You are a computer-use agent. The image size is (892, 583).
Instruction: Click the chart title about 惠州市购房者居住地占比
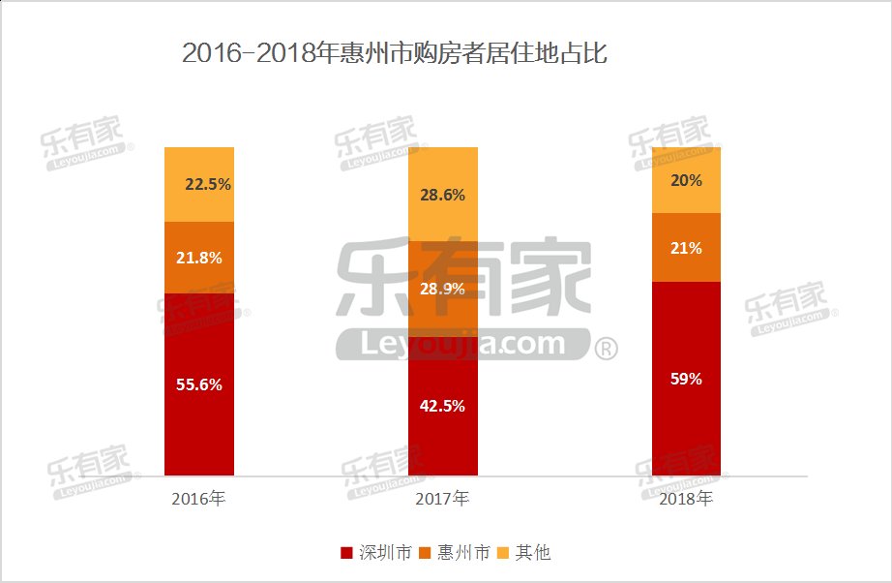coord(395,53)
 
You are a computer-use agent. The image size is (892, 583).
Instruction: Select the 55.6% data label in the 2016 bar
coord(199,384)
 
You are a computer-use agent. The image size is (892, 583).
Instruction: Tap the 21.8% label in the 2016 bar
coord(199,258)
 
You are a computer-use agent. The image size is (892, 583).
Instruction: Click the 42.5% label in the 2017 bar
coord(442,406)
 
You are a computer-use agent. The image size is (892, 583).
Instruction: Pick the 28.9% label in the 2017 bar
coord(442,289)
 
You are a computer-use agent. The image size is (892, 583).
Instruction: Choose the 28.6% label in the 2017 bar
coord(442,195)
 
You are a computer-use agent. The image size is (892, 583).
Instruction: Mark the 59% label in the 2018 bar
coord(686,379)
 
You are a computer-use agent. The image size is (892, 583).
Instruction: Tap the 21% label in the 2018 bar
coord(686,248)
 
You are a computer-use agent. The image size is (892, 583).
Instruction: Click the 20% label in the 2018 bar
coord(686,180)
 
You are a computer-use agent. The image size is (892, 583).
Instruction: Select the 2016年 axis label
coord(198,500)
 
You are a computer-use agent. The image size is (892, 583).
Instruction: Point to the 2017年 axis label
coord(442,500)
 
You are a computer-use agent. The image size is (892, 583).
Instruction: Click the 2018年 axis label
coord(686,500)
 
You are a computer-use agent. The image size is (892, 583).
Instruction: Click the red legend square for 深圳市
coord(346,553)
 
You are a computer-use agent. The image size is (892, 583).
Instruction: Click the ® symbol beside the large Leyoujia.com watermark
coord(605,349)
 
